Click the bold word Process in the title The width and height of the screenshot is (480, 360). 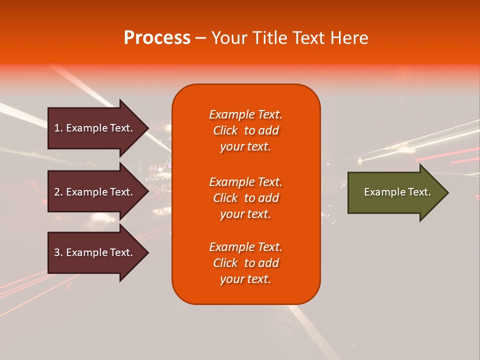point(157,38)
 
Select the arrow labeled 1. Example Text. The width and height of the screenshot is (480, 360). point(93,128)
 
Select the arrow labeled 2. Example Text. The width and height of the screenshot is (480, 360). point(93,192)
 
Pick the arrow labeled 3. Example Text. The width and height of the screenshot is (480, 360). point(93,252)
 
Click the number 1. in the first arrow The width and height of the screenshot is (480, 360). point(58,128)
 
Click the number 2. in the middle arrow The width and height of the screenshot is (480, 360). point(58,192)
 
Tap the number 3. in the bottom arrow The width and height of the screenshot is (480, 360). point(58,252)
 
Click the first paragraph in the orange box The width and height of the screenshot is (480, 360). point(245,130)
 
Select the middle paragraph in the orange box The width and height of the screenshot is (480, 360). point(245,198)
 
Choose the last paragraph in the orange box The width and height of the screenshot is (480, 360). point(245,263)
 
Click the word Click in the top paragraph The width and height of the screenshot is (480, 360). point(225,130)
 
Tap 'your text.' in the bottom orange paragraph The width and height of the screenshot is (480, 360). point(245,279)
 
